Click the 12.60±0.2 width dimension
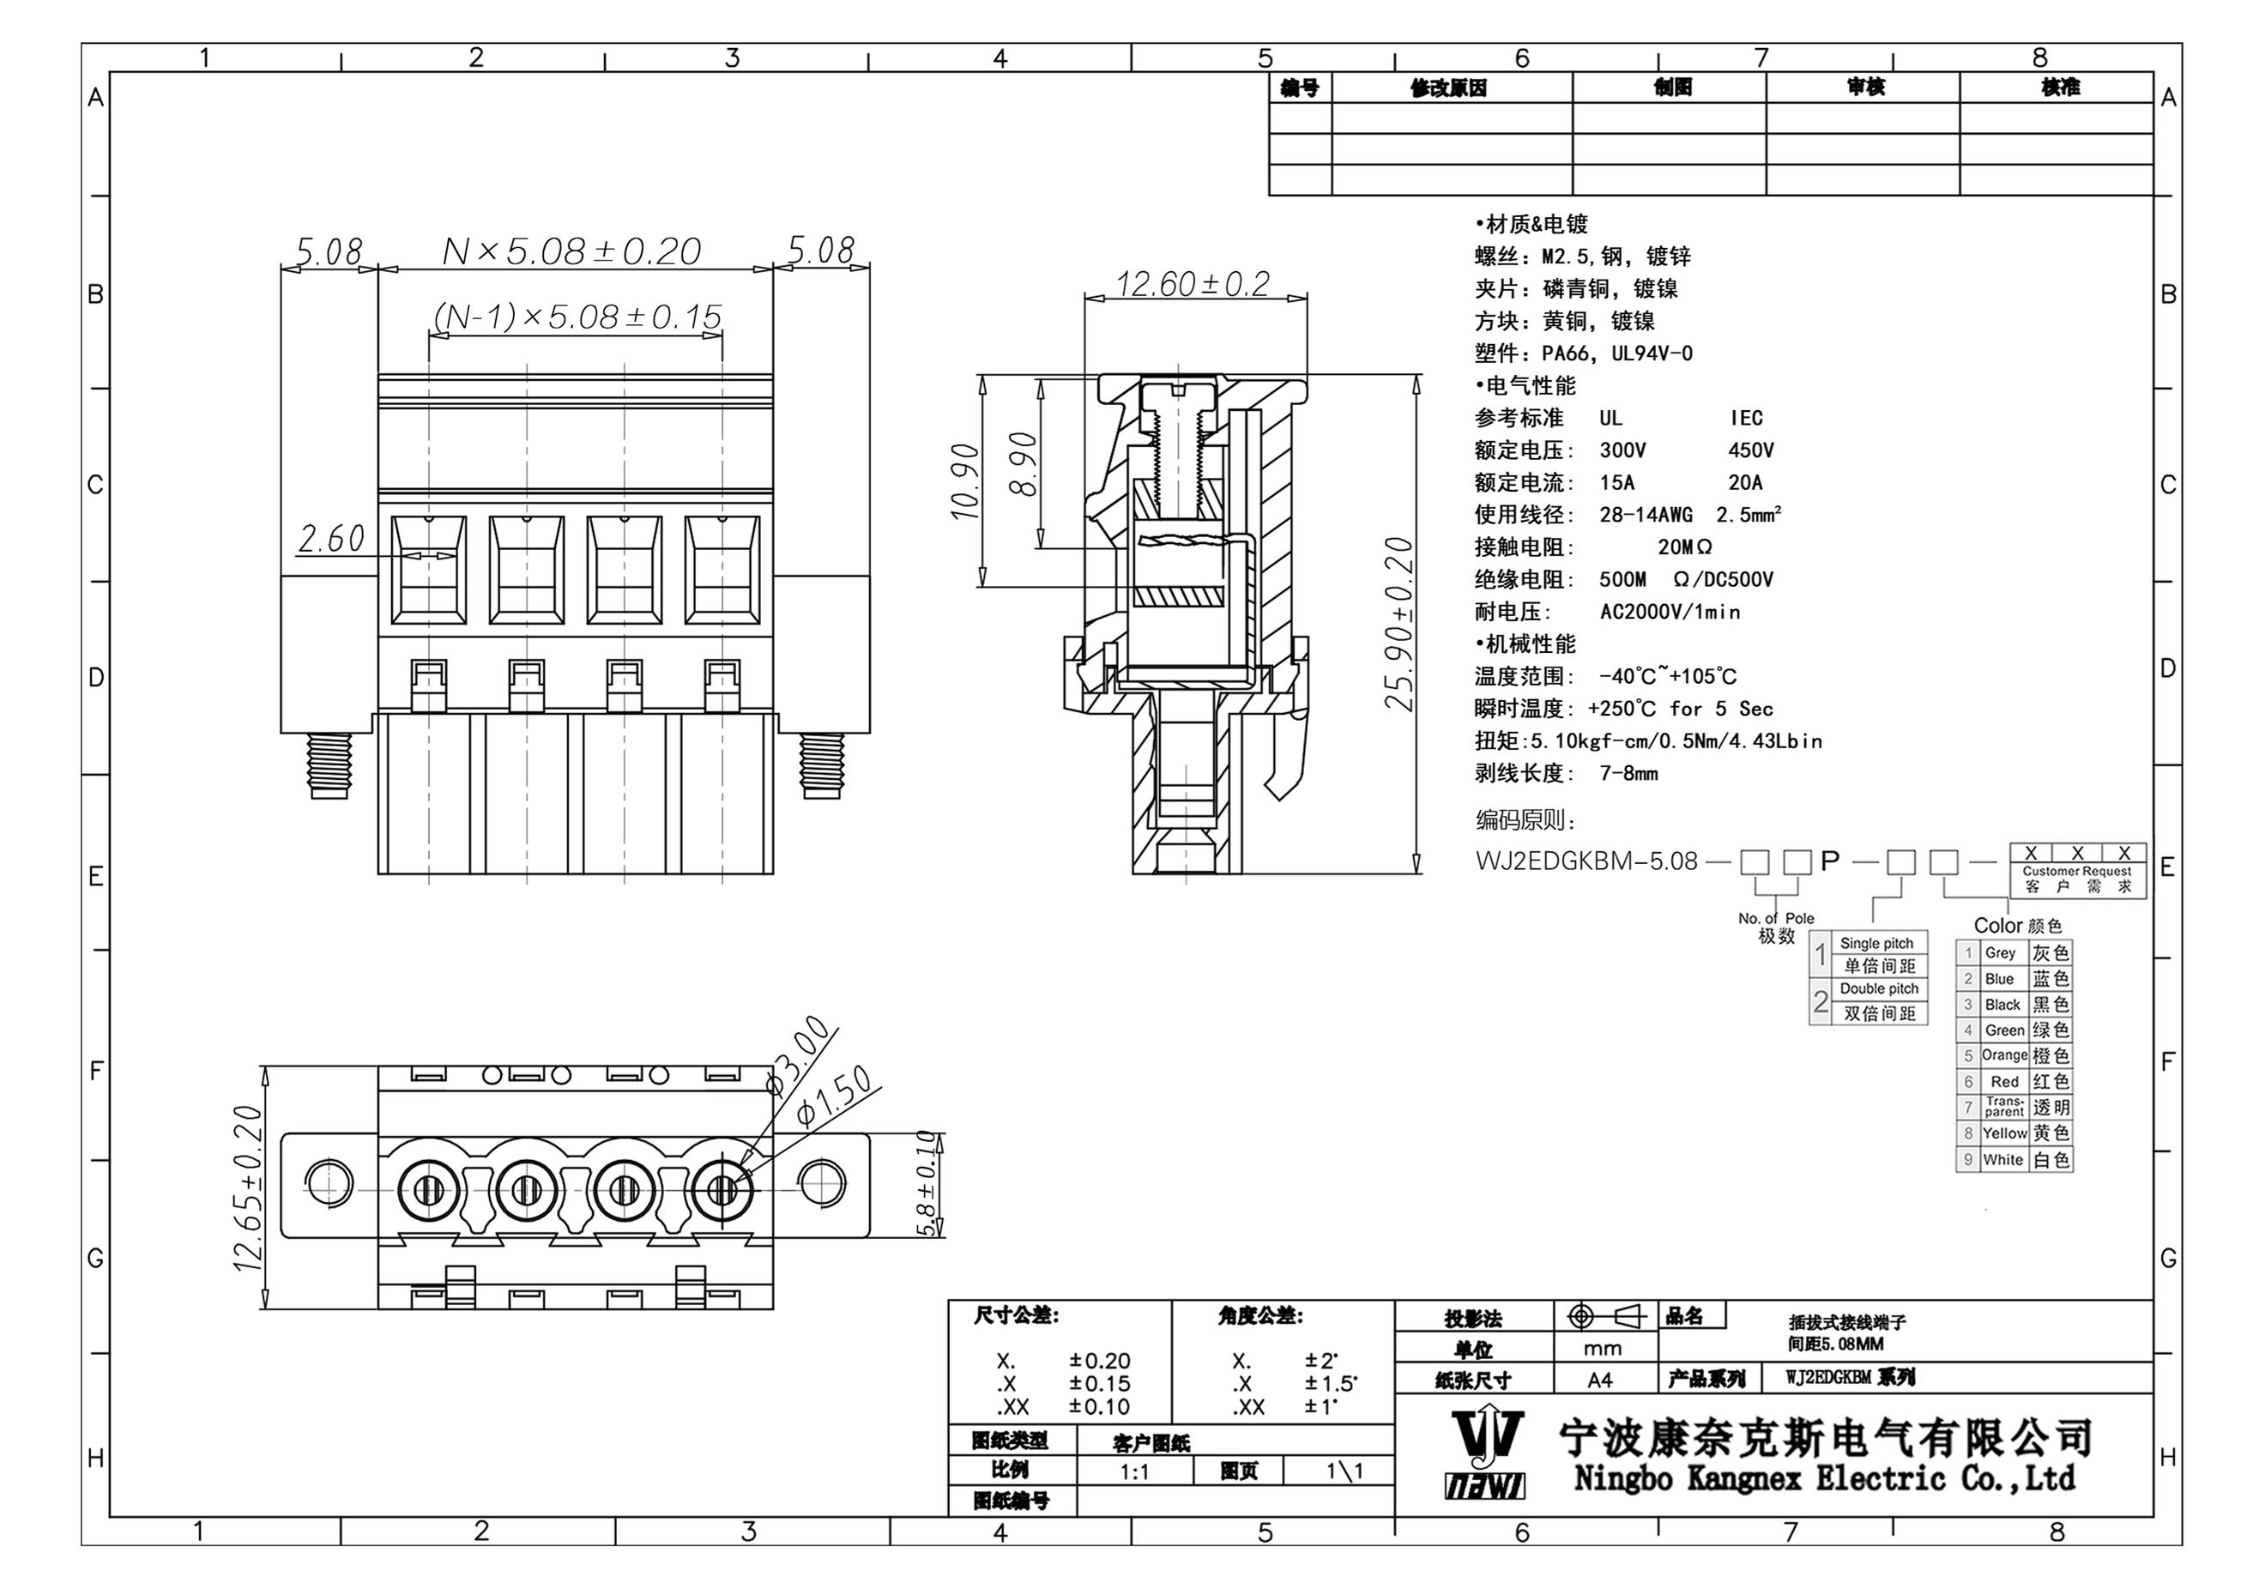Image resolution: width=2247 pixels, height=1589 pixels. [1192, 285]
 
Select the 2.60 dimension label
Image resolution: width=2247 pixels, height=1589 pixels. [331, 538]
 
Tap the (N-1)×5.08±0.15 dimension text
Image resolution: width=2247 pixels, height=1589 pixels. [577, 317]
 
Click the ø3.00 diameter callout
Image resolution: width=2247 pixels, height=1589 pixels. [799, 1055]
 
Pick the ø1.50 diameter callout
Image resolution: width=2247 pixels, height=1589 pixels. [834, 1096]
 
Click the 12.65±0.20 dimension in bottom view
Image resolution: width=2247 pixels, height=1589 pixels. [248, 1187]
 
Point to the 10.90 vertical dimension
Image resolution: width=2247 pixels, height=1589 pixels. [965, 481]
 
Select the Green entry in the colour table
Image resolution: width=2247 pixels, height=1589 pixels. [2003, 1030]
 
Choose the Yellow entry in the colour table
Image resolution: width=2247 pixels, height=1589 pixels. [2004, 1133]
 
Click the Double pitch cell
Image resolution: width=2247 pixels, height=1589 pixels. [1879, 989]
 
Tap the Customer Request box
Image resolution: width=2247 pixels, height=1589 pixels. [2077, 871]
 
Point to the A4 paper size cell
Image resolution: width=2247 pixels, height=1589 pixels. [1600, 1380]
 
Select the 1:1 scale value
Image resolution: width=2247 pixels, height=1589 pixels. [1134, 1471]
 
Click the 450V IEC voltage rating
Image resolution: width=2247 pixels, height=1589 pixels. [1750, 450]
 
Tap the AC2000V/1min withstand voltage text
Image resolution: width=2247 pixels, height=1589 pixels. [1670, 613]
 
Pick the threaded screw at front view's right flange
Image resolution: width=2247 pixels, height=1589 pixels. [821, 765]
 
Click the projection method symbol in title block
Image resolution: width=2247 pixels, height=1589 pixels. [1606, 1317]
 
